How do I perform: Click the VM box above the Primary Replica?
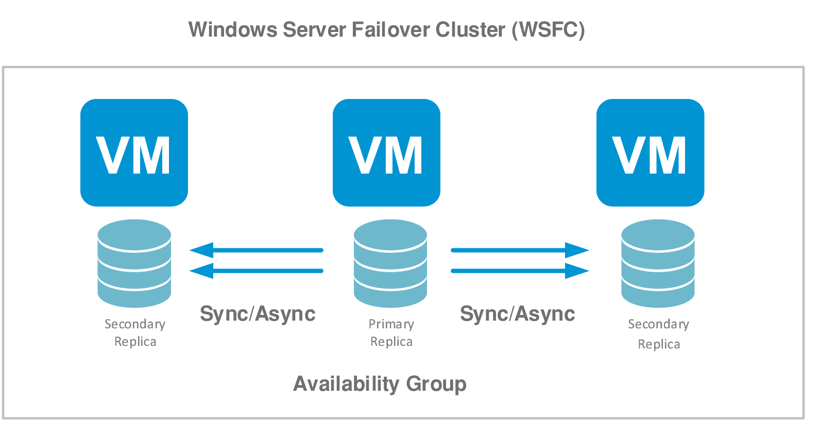[x=386, y=153]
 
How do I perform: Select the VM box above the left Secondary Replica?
[x=134, y=153]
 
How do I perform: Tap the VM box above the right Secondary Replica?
[x=650, y=153]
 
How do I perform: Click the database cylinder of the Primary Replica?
[x=390, y=263]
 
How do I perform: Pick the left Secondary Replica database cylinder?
[x=134, y=263]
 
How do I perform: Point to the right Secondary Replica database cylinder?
[x=658, y=263]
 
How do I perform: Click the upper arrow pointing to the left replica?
[x=256, y=250]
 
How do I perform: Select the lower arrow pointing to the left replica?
[x=256, y=271]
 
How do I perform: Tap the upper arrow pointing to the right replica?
[x=520, y=250]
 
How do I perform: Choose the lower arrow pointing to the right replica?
[x=520, y=271]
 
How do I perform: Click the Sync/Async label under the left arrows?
[x=258, y=313]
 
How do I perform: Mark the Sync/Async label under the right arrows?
[x=517, y=313]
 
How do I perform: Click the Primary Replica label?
[x=391, y=332]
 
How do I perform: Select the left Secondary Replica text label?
[x=135, y=332]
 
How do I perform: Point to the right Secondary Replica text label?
[x=659, y=334]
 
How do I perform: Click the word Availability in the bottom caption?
[x=346, y=384]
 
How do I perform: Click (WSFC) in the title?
[x=548, y=30]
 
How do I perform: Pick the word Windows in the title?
[x=233, y=30]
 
